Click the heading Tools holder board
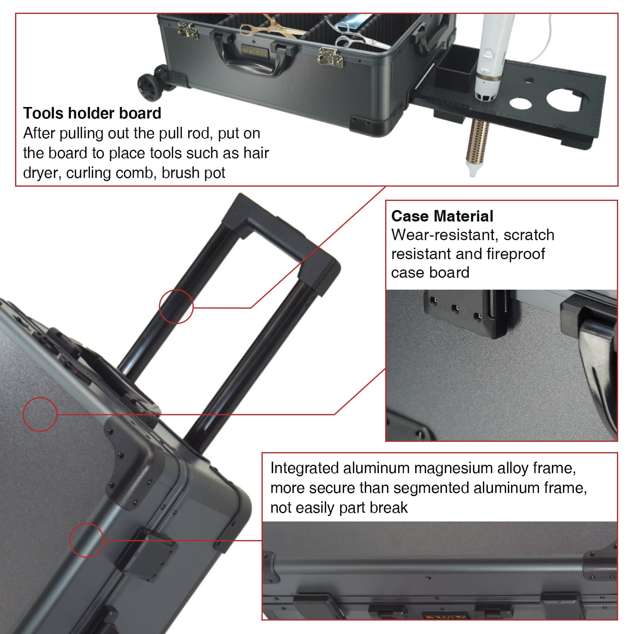point(92,113)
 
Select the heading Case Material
point(442,216)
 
